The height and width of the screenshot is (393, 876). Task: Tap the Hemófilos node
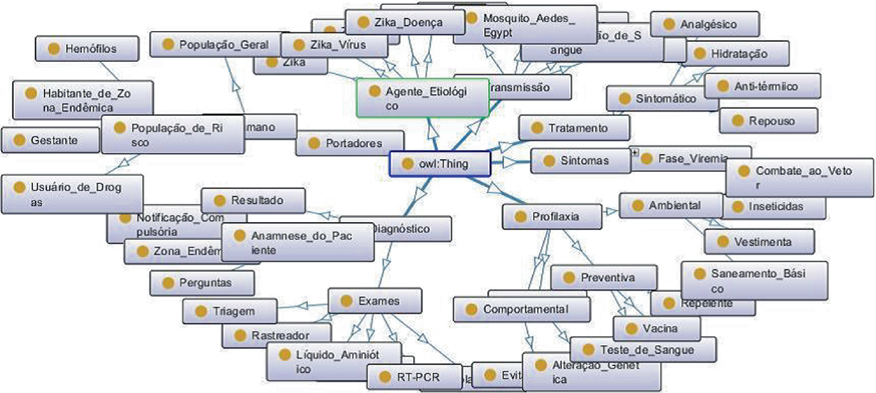pos(87,48)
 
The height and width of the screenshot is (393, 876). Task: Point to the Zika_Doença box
pos(404,23)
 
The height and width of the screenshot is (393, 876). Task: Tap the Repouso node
pos(768,120)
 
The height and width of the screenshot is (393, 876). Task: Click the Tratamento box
pos(573,128)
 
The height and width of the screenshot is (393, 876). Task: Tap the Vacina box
pos(656,329)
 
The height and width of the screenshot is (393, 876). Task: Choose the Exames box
pos(375,301)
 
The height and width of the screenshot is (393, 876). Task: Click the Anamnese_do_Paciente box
pos(297,242)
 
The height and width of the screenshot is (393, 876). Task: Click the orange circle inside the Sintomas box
pos(549,160)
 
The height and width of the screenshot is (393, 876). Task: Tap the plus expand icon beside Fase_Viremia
pos(635,153)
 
